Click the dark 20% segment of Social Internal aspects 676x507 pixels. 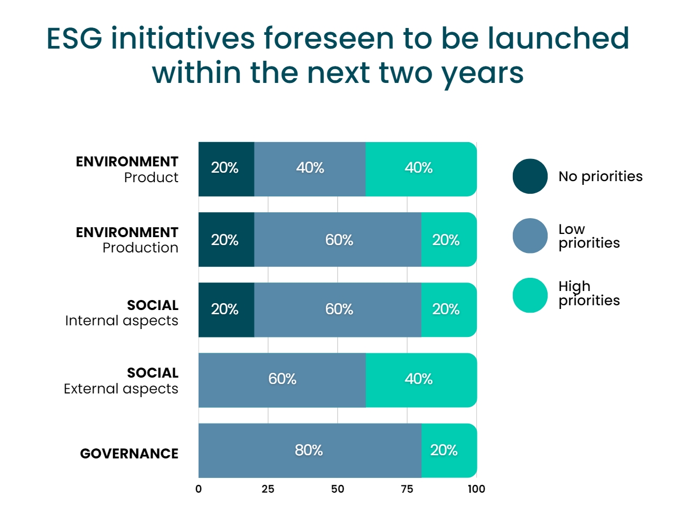coord(226,309)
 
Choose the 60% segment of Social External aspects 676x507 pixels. coord(282,380)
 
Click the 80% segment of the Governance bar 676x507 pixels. coord(309,450)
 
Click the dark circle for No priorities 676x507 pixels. coord(530,176)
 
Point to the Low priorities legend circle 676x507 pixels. coord(530,236)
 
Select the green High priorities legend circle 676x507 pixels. coord(530,295)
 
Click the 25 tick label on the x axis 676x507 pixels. coord(268,489)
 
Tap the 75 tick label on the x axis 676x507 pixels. coord(407,489)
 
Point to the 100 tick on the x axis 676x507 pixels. coord(476,489)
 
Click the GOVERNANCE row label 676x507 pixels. coord(129,454)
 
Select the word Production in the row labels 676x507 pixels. coord(140,248)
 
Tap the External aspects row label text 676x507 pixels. coord(121,389)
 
